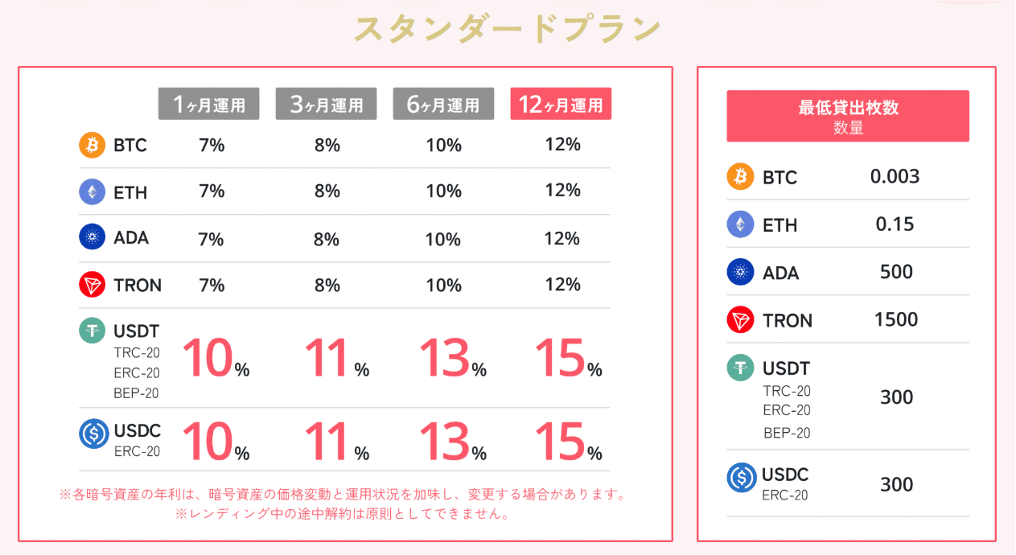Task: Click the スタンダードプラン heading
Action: click(508, 30)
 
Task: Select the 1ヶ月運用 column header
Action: click(208, 104)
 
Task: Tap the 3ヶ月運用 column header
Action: click(326, 104)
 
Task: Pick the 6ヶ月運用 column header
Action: click(443, 104)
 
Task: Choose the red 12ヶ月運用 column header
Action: click(561, 104)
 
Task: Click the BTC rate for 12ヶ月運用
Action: click(562, 145)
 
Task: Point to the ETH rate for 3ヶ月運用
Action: click(327, 191)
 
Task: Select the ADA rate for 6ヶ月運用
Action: click(443, 239)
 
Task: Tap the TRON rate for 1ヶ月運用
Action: click(211, 286)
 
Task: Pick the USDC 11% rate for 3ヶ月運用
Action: click(336, 442)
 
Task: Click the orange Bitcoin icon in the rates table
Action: click(92, 146)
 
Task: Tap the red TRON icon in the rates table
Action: click(92, 285)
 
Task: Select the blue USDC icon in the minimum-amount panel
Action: click(740, 478)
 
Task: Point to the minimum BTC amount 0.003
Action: click(895, 177)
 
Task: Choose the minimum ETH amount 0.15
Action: click(895, 224)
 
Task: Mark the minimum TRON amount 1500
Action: click(895, 319)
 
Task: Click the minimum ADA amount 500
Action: click(896, 272)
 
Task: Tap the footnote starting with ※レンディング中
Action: click(342, 514)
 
